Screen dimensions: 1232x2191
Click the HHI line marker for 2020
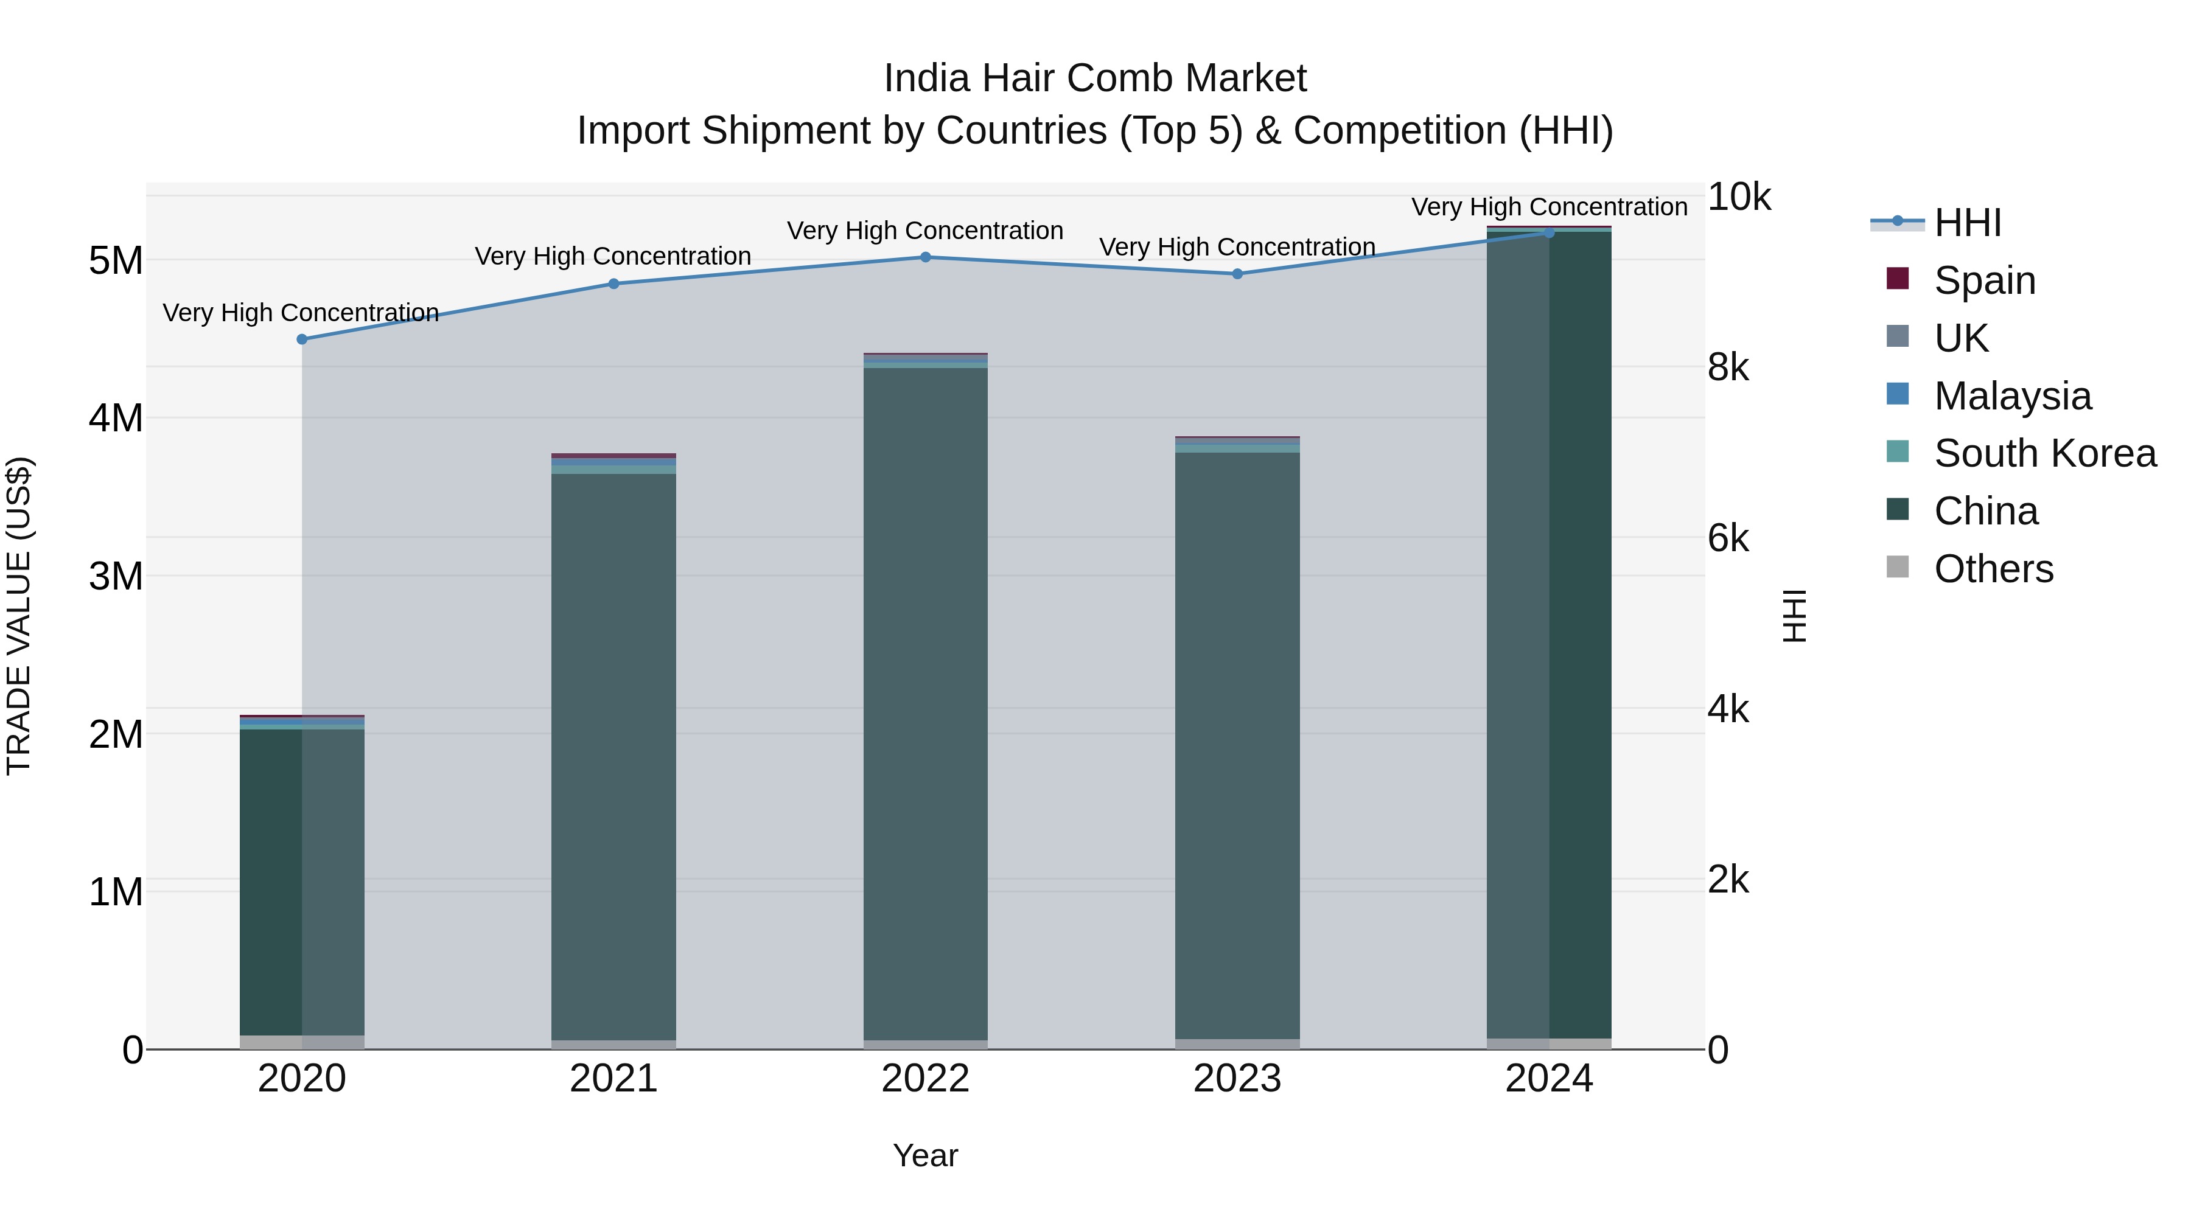(302, 339)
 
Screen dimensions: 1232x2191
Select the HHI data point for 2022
(925, 257)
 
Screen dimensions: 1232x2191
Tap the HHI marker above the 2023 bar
(1237, 274)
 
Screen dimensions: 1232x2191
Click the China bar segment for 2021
(613, 757)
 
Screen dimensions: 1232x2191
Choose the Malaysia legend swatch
(1898, 394)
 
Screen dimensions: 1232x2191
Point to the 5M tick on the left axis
(116, 260)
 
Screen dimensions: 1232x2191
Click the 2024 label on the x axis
(1549, 1079)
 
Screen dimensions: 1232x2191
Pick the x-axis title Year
(925, 1155)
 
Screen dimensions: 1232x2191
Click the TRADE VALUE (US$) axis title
(19, 616)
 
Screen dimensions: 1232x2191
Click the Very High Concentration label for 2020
(301, 313)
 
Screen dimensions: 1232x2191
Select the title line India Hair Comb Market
(1095, 78)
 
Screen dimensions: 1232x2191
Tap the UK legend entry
(1960, 338)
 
